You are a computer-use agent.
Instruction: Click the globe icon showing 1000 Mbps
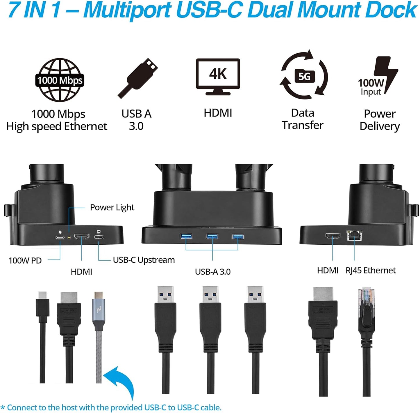(60, 80)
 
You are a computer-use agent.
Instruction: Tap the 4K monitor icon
(218, 76)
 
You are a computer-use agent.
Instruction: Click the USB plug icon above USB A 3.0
(138, 77)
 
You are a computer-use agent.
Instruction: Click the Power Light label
(112, 207)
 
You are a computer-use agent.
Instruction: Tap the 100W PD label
(25, 260)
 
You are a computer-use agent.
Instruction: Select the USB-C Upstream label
(144, 260)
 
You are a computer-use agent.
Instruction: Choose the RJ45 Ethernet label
(371, 270)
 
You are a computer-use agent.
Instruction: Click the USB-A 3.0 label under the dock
(213, 272)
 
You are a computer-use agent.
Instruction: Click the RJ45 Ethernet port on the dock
(354, 235)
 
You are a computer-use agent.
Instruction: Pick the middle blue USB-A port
(212, 236)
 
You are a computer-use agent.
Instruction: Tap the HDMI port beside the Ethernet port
(333, 236)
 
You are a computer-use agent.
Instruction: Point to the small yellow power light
(69, 237)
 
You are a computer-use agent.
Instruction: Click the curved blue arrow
(120, 382)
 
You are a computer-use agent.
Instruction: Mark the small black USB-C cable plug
(42, 306)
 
